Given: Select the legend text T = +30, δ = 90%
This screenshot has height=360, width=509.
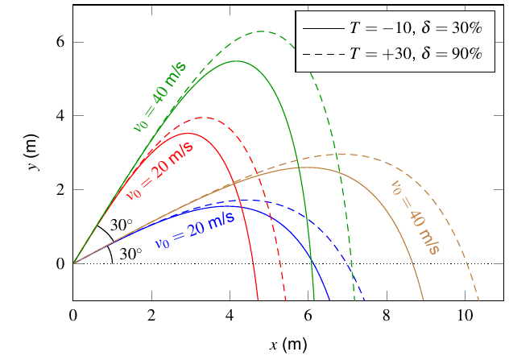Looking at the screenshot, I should (x=416, y=54).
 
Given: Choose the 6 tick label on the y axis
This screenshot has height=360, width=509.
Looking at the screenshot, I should (x=60, y=42).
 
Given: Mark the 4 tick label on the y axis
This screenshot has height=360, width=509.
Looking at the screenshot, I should (x=60, y=116).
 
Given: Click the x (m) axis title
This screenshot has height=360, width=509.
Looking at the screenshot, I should (x=288, y=345).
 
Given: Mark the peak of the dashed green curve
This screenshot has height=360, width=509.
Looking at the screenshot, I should (x=261, y=31).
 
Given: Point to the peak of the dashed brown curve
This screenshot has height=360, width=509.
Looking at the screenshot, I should (x=340, y=154).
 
